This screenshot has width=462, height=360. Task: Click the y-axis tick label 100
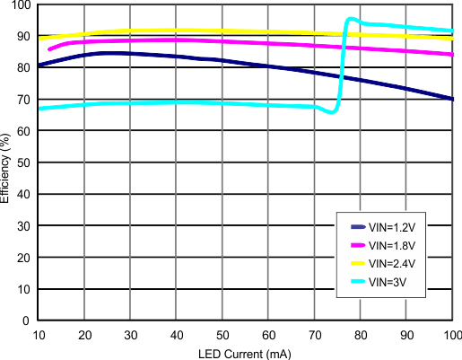[x=21, y=5]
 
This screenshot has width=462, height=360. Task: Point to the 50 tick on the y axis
[x=24, y=163]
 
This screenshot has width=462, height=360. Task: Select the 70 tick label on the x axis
[x=315, y=335]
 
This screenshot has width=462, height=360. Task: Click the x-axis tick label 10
[x=39, y=335]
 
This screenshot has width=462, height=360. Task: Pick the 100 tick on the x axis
[x=451, y=335]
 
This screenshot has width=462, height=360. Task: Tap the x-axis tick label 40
[x=177, y=335]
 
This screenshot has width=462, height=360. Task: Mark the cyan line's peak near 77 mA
[x=348, y=19]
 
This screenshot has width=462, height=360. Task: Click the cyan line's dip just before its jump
[x=333, y=112]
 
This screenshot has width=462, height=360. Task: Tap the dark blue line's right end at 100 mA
[x=452, y=99]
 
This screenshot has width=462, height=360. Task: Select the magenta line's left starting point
[x=49, y=48]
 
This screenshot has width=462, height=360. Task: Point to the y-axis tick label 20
[x=24, y=258]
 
